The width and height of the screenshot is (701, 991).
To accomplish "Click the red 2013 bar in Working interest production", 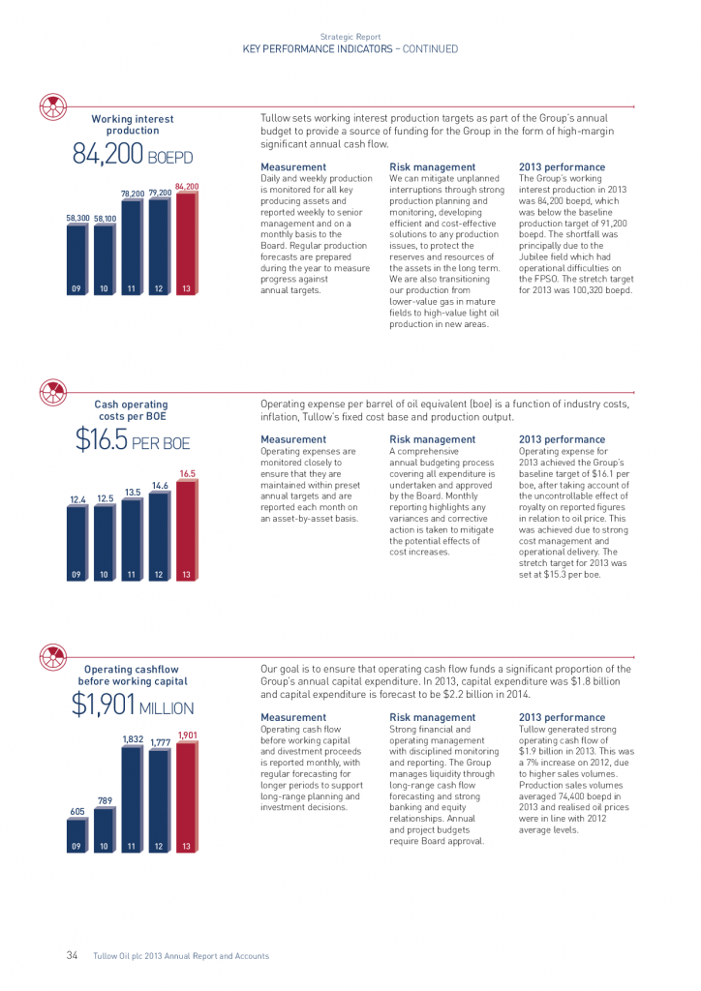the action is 187,243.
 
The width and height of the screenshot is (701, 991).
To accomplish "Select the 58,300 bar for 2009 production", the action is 77,259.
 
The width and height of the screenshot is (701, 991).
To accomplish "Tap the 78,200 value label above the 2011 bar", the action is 133,194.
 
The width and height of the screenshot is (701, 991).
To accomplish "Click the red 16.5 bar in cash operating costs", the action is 187,530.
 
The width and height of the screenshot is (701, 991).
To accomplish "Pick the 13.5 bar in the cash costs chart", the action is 132,540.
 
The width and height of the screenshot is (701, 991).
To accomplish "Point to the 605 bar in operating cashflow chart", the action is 77,835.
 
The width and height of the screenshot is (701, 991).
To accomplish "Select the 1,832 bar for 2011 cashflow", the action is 132,798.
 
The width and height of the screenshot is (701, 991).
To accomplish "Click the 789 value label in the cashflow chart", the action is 105,800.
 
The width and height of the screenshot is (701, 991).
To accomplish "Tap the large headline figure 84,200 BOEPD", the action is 133,154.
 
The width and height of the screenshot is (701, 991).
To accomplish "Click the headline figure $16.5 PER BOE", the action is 133,439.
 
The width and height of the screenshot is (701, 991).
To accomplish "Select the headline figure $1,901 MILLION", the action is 133,705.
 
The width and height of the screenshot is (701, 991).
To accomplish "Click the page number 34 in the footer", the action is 72,955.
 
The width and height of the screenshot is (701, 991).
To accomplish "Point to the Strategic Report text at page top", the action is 350,37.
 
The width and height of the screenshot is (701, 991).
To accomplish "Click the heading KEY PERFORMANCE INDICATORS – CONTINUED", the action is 350,48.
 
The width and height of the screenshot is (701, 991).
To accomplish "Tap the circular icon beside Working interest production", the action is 53,106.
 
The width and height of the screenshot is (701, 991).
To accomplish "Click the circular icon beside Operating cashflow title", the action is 53,657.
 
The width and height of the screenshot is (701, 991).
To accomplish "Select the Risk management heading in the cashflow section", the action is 433,717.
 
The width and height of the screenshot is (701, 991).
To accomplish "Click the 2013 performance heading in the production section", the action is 562,166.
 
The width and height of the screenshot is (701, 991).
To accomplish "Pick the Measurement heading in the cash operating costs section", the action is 293,439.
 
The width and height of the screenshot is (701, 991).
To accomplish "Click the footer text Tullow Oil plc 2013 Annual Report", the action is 181,955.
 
